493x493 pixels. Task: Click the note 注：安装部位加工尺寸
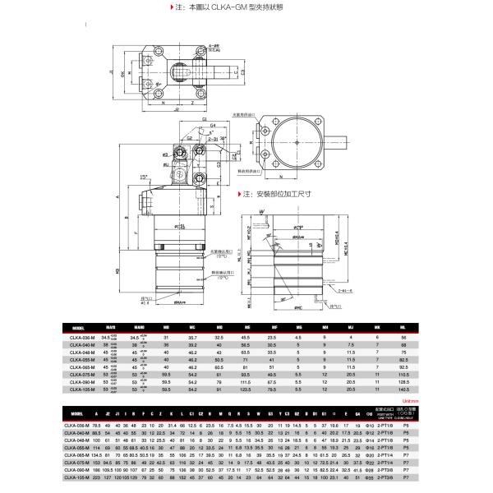274,196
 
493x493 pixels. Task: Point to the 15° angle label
145,177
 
